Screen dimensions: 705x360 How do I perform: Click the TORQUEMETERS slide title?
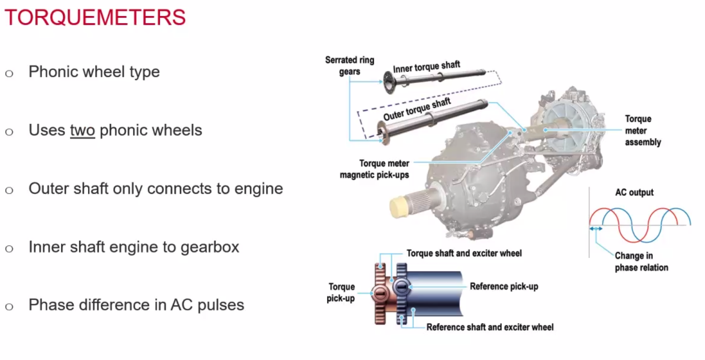pyautogui.click(x=95, y=17)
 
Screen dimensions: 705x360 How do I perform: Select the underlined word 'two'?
pyautogui.click(x=82, y=130)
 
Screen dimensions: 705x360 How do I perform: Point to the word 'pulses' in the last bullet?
pyautogui.click(x=220, y=305)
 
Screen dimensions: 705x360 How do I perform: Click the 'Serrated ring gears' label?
pyautogui.click(x=350, y=66)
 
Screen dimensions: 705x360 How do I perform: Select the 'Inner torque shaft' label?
pyautogui.click(x=426, y=67)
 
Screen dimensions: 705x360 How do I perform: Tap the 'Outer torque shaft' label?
pyautogui.click(x=417, y=109)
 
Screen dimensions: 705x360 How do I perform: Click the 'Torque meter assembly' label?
pyautogui.click(x=643, y=130)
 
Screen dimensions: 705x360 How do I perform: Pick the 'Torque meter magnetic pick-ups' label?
pyautogui.click(x=375, y=169)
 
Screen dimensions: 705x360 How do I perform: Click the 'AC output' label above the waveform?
pyautogui.click(x=634, y=192)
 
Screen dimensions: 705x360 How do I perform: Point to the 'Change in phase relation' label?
pyautogui.click(x=642, y=261)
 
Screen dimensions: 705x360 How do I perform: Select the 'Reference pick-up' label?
pyautogui.click(x=504, y=287)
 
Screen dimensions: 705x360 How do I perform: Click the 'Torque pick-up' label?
pyautogui.click(x=341, y=292)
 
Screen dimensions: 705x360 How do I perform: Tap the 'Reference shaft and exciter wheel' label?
pyautogui.click(x=490, y=327)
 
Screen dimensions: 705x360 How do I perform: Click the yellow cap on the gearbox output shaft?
pyautogui.click(x=399, y=206)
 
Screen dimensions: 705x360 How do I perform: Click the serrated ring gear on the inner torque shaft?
pyautogui.click(x=389, y=82)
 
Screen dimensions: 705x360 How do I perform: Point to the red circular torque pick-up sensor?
pyautogui.click(x=380, y=294)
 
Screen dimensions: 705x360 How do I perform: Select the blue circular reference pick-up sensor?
pyautogui.click(x=402, y=287)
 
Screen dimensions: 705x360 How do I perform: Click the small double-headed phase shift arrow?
pyautogui.click(x=596, y=229)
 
